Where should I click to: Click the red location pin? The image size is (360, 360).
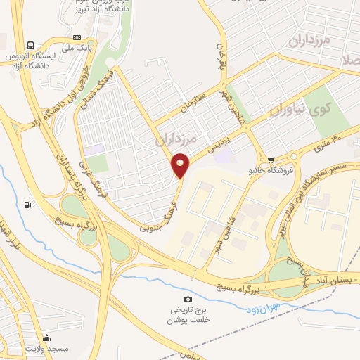coord(181,166)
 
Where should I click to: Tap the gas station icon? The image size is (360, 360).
coord(27,205)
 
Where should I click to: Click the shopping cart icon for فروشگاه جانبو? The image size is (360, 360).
coord(271,159)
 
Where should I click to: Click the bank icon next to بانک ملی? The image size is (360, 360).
coord(77,37)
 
